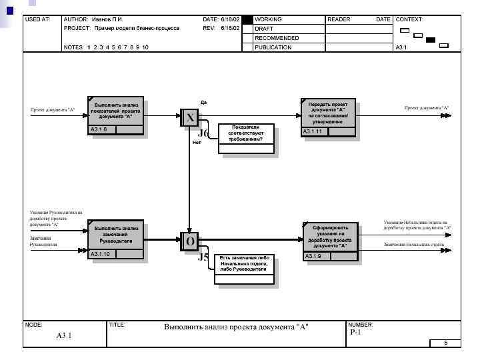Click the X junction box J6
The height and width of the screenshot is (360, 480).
pyautogui.click(x=190, y=118)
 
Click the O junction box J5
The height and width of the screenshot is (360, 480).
pyautogui.click(x=190, y=241)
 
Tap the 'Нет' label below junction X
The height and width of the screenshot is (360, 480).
pyautogui.click(x=197, y=142)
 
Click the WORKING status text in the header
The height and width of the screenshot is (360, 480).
pyautogui.click(x=269, y=20)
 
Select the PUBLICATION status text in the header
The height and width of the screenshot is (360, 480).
pyautogui.click(x=273, y=47)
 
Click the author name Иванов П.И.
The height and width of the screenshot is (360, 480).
pyautogui.click(x=107, y=20)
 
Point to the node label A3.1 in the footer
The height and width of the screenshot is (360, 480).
pyautogui.click(x=64, y=335)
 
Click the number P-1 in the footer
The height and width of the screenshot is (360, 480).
pyautogui.click(x=355, y=333)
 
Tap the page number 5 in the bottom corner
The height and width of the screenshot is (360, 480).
pyautogui.click(x=445, y=343)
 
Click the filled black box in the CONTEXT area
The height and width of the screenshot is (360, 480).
pyautogui.click(x=431, y=40)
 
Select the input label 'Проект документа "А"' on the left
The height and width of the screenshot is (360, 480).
pyautogui.click(x=52, y=109)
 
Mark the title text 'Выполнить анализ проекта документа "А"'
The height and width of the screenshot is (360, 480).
pyautogui.click(x=237, y=327)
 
